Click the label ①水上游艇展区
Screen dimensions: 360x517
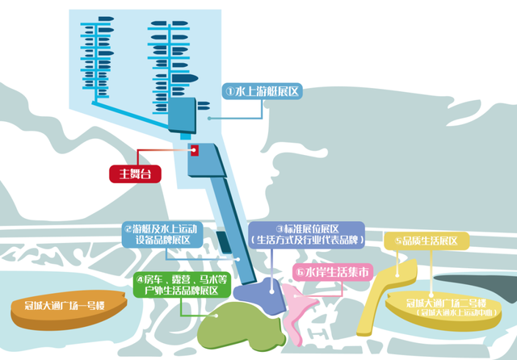point(263,92)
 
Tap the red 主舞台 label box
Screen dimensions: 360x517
point(135,173)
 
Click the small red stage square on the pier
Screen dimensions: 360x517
point(194,149)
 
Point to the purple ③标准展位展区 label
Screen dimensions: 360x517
point(307,234)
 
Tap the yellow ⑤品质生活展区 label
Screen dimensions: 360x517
point(427,241)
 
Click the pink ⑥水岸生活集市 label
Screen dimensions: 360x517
point(331,272)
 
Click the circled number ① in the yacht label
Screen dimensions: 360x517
point(229,92)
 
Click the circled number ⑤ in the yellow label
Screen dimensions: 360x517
point(398,241)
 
